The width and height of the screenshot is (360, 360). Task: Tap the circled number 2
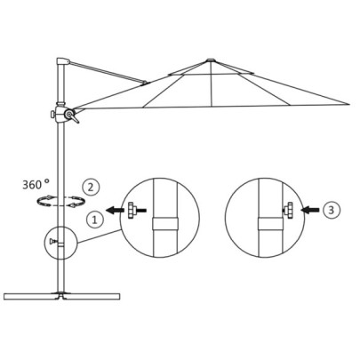click(x=89, y=187)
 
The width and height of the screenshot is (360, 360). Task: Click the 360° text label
click(x=39, y=186)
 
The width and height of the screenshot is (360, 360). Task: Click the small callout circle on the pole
click(x=57, y=240)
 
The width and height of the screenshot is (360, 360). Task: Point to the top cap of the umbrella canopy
click(x=211, y=60)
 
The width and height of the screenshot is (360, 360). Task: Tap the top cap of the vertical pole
click(x=61, y=63)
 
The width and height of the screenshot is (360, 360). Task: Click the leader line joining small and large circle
click(x=97, y=235)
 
